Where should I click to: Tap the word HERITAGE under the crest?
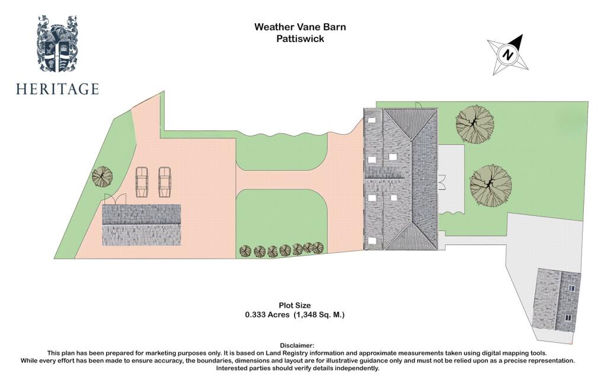tap(57, 90)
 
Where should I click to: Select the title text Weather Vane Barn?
tap(300, 27)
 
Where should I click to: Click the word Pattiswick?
tap(300, 39)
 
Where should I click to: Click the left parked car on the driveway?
tap(142, 181)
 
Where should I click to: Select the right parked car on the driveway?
tap(165, 181)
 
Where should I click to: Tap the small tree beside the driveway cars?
tap(102, 176)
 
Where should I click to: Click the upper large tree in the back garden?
tap(474, 123)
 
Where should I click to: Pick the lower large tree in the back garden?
tap(490, 184)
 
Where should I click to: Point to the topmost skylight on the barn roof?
tap(372, 119)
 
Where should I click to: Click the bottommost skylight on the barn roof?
tap(372, 240)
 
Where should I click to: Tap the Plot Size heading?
tap(295, 305)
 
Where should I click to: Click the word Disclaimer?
tap(296, 345)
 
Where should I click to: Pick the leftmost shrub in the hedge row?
tap(245, 251)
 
